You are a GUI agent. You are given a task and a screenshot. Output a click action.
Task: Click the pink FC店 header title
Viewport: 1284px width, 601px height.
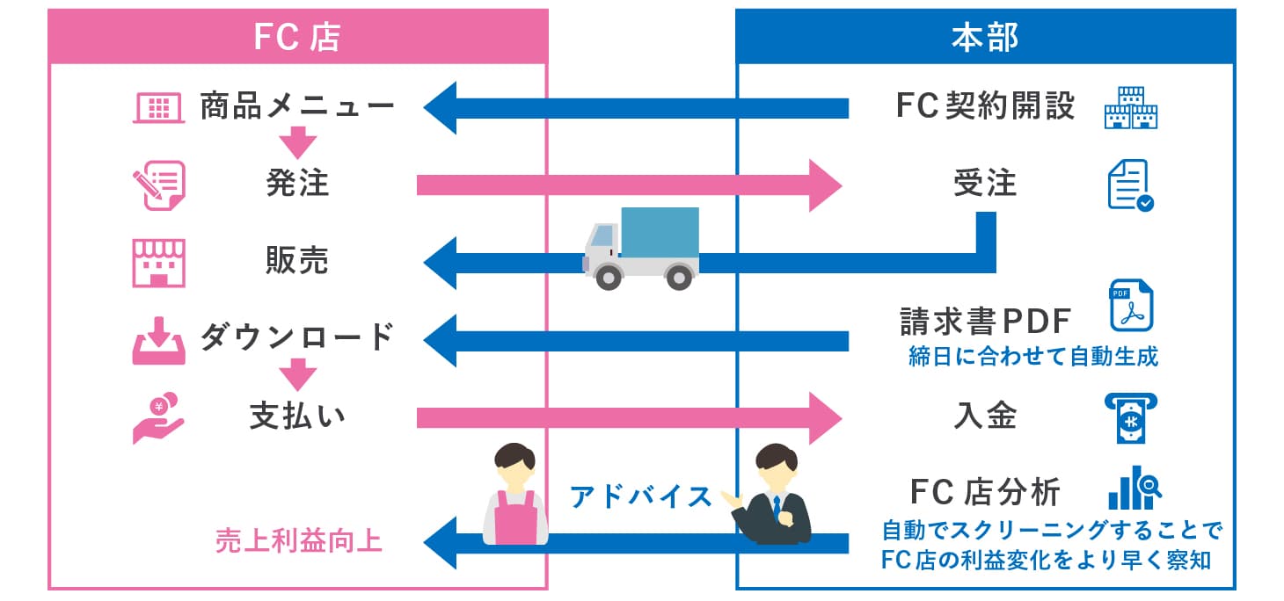coord(296,37)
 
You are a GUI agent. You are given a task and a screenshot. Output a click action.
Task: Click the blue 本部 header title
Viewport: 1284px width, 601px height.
coord(984,37)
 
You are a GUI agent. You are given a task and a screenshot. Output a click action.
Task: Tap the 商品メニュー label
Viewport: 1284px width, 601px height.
coord(297,107)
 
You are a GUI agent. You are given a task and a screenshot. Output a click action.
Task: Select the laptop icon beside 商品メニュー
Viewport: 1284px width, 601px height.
coord(157,107)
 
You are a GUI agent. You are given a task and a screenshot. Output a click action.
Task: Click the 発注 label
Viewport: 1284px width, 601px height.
coord(297,184)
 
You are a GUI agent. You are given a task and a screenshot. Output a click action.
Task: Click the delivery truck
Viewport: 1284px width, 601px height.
coord(642,247)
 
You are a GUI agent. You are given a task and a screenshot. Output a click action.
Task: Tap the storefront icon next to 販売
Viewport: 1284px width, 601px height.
coord(158,262)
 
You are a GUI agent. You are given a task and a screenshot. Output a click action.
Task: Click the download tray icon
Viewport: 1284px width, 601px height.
coord(158,340)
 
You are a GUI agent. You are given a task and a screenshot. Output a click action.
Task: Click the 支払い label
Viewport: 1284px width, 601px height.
coord(297,416)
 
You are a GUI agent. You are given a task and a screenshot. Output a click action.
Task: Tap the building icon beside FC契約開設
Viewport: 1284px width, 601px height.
coord(1130,107)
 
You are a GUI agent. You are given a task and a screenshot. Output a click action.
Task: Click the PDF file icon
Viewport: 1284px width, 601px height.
coord(1131,305)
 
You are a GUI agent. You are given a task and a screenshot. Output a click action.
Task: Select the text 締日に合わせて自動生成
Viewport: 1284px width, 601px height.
coord(1032,356)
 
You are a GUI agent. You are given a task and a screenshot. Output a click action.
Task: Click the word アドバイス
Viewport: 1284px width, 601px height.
coord(641,496)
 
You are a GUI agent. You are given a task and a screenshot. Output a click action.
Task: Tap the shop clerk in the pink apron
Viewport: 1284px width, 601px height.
coord(515,496)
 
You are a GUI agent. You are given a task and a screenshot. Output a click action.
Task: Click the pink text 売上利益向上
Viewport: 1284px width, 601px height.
coord(299,540)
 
